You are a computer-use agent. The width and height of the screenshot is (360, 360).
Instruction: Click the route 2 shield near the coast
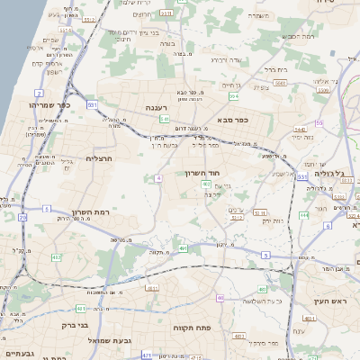pos(39,93)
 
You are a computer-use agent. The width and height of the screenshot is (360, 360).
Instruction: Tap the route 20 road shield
pos(22,217)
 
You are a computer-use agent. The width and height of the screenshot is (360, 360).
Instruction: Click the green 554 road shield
pos(234,95)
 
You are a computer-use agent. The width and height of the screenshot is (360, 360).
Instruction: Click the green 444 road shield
pos(304,215)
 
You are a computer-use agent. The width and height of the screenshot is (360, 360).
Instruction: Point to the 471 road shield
pos(146,355)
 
